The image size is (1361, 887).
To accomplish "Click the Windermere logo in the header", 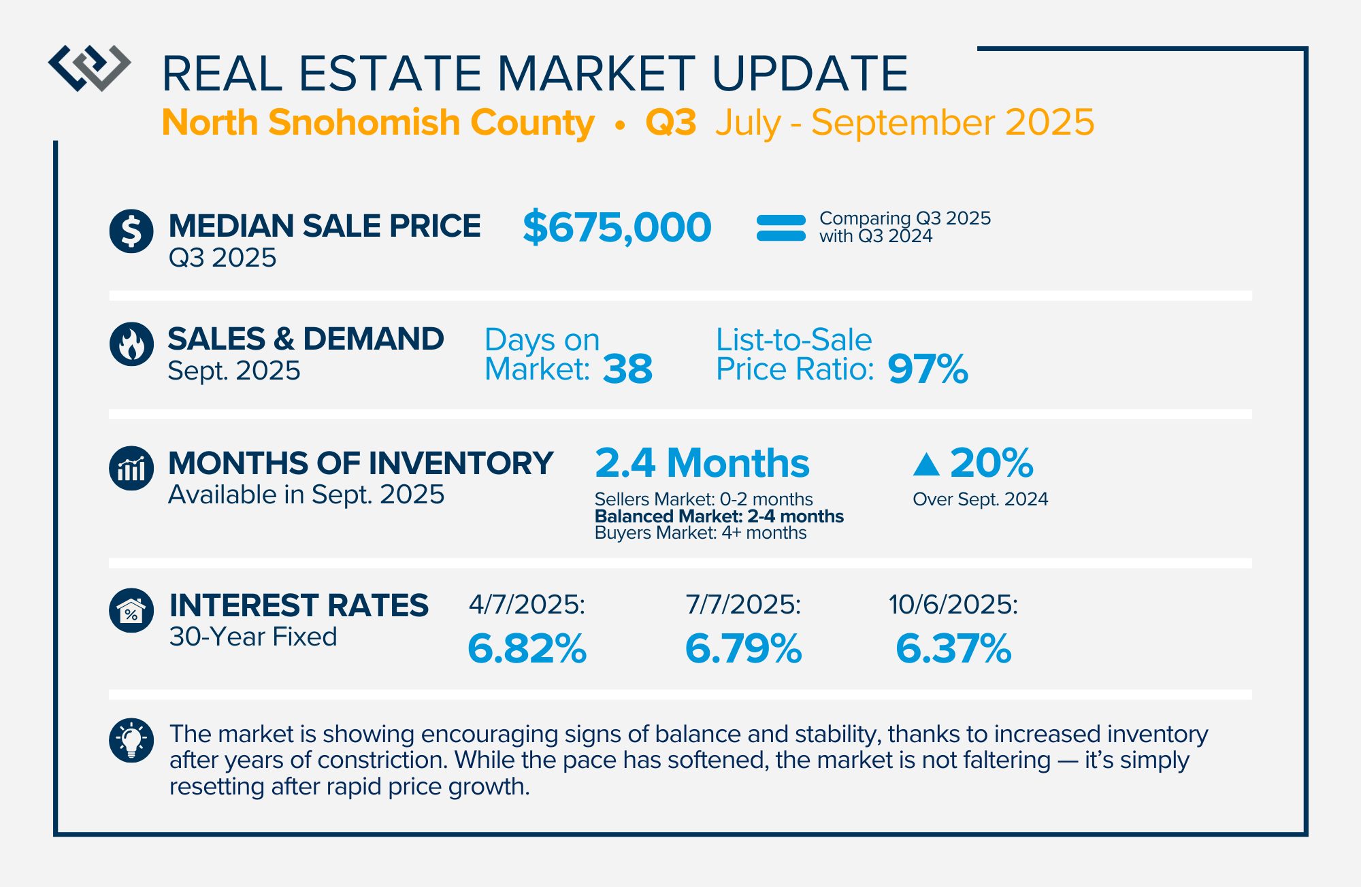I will coord(89,68).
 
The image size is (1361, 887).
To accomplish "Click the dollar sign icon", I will coord(131,231).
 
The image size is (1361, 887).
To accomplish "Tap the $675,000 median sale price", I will coord(617,227).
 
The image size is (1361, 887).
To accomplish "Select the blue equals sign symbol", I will coord(781,229).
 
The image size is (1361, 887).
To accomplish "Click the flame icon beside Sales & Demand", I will coord(131,344).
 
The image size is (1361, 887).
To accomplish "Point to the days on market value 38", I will coord(627,369).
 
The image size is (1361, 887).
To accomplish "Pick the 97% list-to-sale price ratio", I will coord(928,369).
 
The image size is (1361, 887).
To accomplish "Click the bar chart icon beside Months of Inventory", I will coord(131,468).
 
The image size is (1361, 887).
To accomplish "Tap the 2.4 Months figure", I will coord(702,463).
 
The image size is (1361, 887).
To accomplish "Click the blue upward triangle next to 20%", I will coord(926,465).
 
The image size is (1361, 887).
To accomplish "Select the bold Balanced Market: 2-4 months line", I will coord(719,516).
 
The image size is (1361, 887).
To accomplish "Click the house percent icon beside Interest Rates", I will coord(131,611).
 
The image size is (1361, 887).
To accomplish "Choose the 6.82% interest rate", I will coord(527,648).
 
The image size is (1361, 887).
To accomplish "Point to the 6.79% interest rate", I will coord(743,648).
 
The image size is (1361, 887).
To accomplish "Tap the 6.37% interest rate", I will coord(953,648).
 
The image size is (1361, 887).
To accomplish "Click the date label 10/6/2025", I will coord(953,605).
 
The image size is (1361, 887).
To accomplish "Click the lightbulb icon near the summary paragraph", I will coord(131,740).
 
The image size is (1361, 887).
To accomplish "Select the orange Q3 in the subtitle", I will coord(670,122).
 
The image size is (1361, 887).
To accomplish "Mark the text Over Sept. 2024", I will coord(980,499).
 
